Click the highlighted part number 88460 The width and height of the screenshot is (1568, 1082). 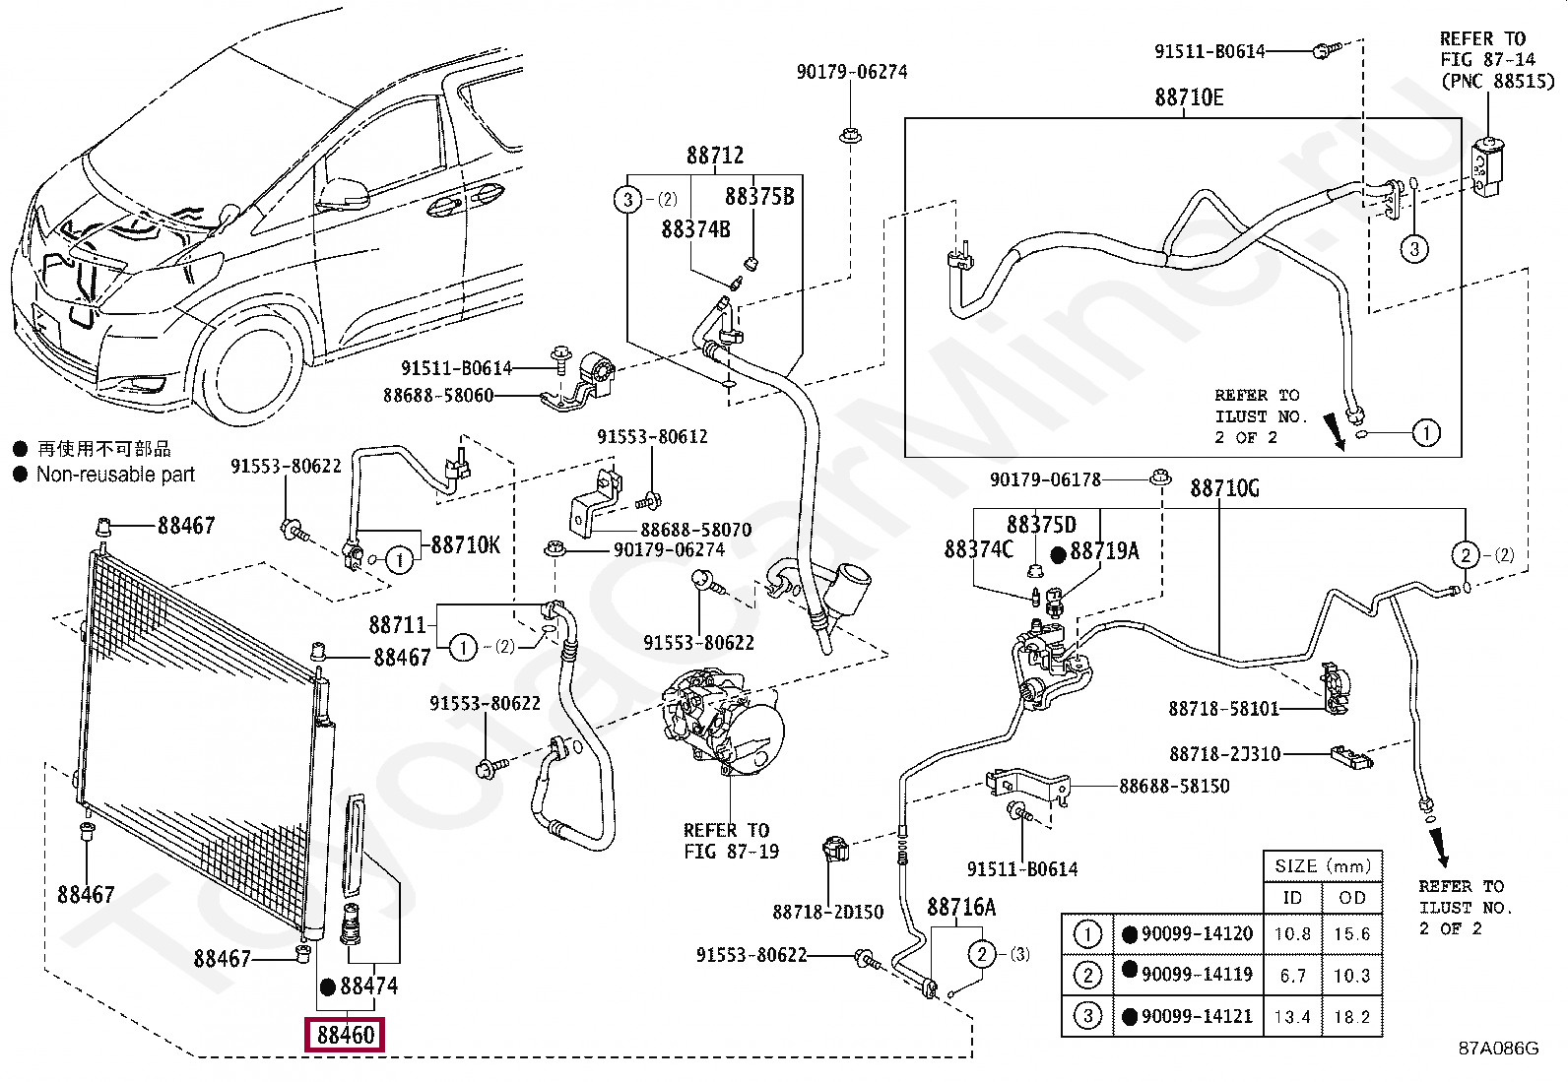(346, 1035)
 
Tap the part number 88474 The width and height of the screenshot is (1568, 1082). (368, 986)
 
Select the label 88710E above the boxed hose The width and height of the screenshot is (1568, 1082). (1189, 97)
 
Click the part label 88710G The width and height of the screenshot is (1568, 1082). (1224, 488)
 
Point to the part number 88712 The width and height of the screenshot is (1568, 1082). (715, 156)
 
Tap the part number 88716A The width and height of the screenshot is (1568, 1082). (961, 907)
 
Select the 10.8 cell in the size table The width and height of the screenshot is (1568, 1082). (1292, 933)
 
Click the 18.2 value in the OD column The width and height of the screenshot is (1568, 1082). (1351, 1017)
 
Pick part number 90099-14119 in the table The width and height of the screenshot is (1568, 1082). (1197, 975)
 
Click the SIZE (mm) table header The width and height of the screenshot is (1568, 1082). (1323, 866)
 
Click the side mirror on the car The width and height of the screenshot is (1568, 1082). (345, 193)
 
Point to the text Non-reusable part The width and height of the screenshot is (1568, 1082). (115, 475)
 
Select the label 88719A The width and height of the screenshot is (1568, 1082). (1104, 551)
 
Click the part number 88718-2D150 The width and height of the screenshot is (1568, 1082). (827, 912)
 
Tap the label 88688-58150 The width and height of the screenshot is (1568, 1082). (1174, 787)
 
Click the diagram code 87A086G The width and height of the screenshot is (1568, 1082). (1498, 1048)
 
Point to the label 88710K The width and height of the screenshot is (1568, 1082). (465, 544)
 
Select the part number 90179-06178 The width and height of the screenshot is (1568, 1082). (1045, 479)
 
